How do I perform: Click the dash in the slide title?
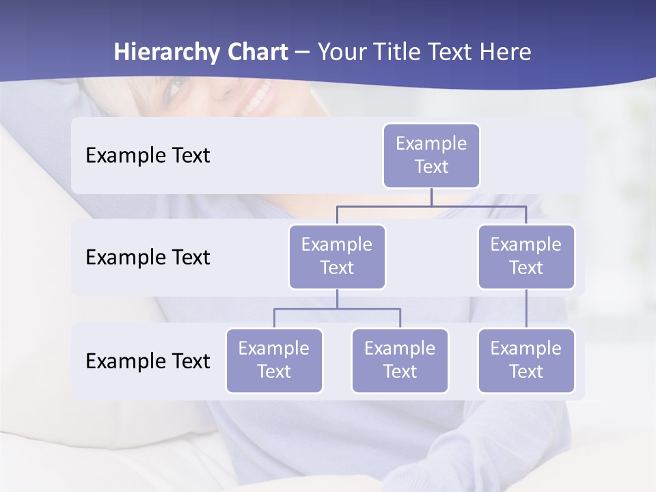(x=302, y=53)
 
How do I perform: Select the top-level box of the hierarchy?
(x=431, y=156)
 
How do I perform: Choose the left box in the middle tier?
(x=337, y=257)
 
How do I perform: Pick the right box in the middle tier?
(x=526, y=257)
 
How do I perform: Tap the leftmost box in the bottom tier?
(x=274, y=361)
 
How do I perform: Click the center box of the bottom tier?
(x=400, y=361)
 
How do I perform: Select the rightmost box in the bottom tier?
(x=526, y=361)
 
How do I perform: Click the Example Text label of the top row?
(x=148, y=156)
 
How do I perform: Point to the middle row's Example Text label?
(x=148, y=258)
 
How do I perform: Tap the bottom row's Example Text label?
(x=148, y=361)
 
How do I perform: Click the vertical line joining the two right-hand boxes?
(x=526, y=309)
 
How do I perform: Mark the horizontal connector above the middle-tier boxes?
(x=431, y=206)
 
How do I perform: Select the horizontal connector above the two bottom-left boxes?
(x=337, y=309)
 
